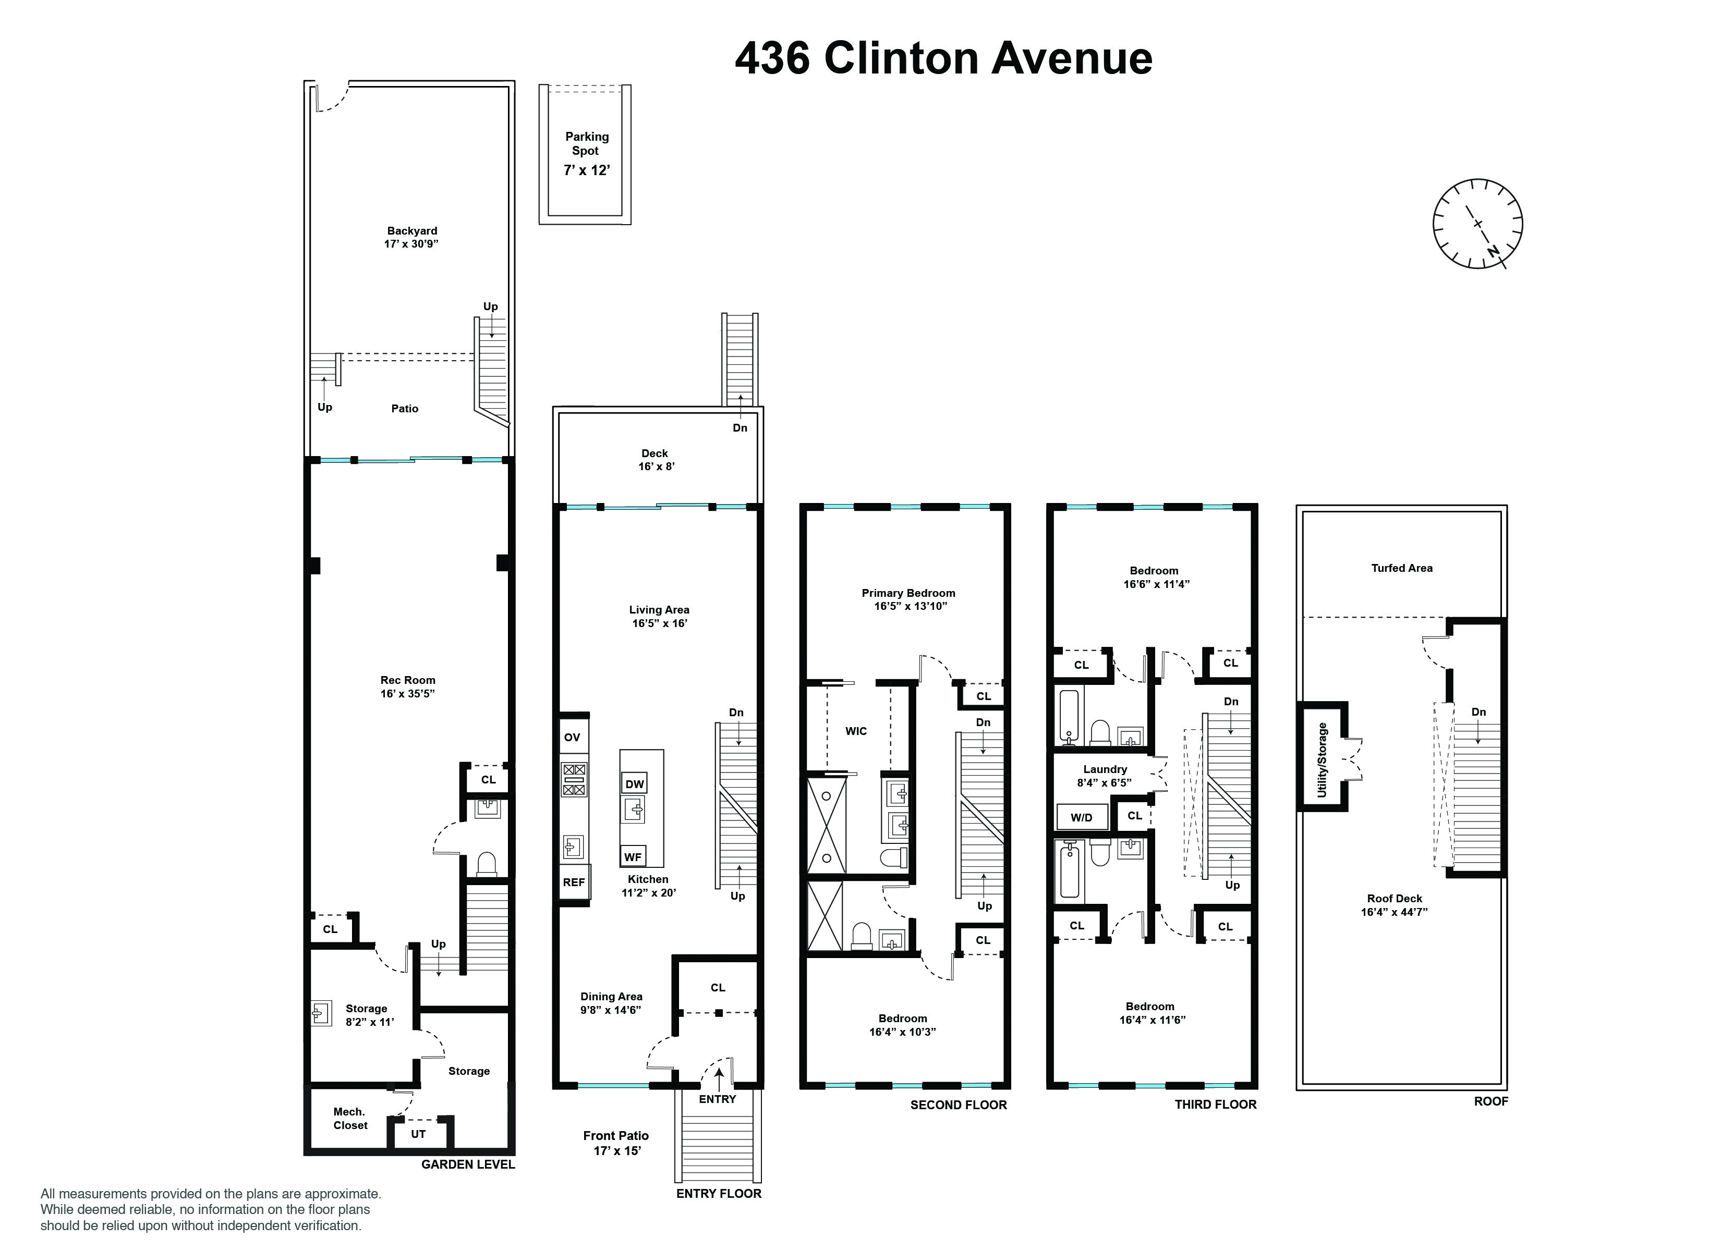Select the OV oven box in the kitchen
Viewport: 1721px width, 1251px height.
click(572, 737)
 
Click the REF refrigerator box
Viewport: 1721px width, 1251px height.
click(574, 882)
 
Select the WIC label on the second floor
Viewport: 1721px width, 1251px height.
click(856, 731)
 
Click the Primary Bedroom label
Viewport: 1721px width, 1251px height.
click(908, 593)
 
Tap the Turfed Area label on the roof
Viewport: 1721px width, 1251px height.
click(1401, 568)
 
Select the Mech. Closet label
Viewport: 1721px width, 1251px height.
click(350, 1118)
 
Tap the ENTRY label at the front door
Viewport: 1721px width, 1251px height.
click(717, 1099)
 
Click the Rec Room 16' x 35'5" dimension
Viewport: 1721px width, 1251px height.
click(407, 693)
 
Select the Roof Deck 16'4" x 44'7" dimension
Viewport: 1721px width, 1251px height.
click(1394, 912)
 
